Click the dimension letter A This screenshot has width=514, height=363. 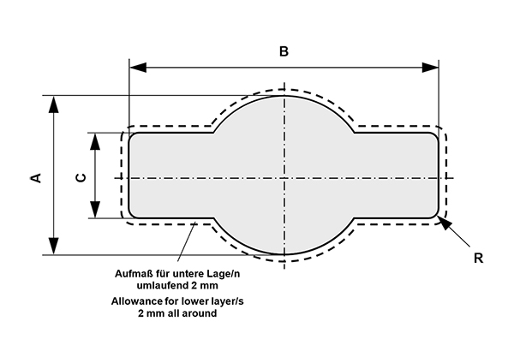(x=35, y=177)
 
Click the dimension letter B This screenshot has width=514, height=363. (x=284, y=51)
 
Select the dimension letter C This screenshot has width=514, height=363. (x=80, y=177)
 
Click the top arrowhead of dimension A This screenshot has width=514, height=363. (x=54, y=104)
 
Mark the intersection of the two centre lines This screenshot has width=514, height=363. (x=284, y=178)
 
